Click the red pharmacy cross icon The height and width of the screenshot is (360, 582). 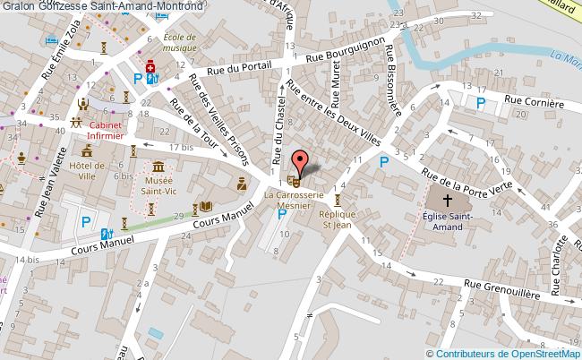[x=150, y=67]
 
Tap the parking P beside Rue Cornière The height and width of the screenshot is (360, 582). [x=481, y=103]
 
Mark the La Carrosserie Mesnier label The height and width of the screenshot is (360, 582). [x=294, y=197]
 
